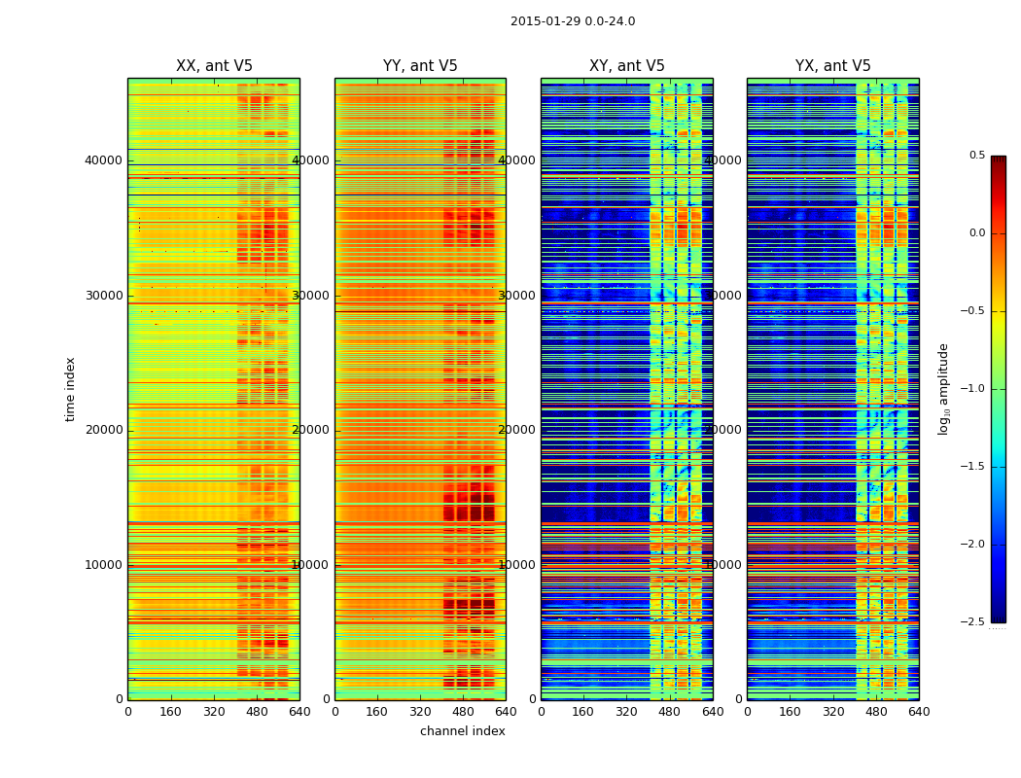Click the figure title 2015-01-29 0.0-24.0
[x=573, y=21]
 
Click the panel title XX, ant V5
[x=214, y=66]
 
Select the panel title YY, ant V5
[x=420, y=66]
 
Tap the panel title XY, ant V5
[x=627, y=66]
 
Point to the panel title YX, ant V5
[x=833, y=66]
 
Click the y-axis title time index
[x=70, y=388]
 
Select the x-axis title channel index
[x=463, y=731]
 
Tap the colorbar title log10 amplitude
[x=943, y=388]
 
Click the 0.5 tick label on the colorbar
[x=976, y=156]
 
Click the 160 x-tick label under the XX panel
[x=170, y=712]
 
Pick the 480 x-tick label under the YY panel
[x=463, y=712]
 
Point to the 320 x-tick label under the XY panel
[x=627, y=712]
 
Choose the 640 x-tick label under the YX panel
[x=919, y=712]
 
